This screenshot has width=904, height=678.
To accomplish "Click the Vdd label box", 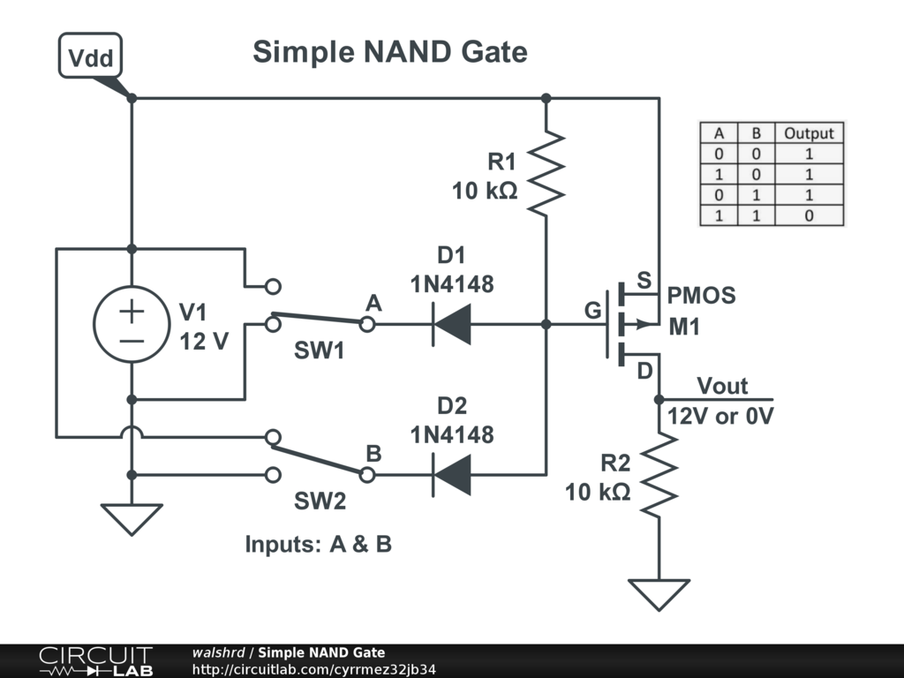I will click(90, 57).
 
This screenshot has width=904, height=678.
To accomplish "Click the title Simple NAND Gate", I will click(389, 52).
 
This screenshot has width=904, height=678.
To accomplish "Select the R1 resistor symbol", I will click(546, 172).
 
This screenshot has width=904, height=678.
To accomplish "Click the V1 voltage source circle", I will click(132, 325).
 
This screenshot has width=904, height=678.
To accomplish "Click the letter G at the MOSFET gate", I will click(591, 311).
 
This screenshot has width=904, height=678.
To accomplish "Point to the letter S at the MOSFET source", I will click(644, 281).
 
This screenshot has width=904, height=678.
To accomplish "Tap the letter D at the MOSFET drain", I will click(644, 372).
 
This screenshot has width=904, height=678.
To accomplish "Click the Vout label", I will click(722, 386).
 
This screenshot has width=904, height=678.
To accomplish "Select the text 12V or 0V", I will click(720, 416).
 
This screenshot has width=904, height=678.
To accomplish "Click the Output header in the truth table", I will click(809, 134).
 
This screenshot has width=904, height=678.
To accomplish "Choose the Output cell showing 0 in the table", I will click(809, 215).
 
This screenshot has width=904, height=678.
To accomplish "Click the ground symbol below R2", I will click(659, 593).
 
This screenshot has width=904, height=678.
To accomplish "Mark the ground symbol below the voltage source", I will click(132, 517).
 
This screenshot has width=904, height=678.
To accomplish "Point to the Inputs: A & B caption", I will click(318, 545).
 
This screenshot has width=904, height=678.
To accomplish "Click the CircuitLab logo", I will click(95, 661).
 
